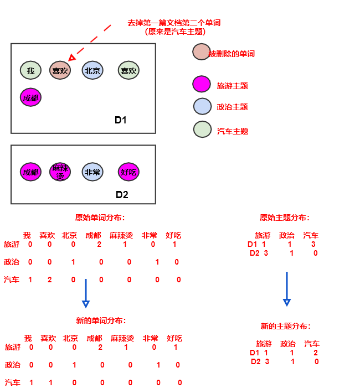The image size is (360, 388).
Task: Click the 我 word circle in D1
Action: tap(30, 70)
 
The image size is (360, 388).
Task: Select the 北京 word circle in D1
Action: tap(92, 70)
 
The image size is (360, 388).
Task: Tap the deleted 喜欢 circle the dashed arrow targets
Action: tap(60, 70)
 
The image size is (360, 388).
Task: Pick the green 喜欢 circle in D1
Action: tap(128, 70)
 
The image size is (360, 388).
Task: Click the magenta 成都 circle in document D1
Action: tap(30, 97)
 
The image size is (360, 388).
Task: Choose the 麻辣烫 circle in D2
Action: tap(60, 172)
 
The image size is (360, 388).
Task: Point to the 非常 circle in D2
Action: tap(92, 172)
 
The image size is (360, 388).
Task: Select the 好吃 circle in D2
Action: tap(128, 172)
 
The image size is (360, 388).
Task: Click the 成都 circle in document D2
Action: tap(30, 172)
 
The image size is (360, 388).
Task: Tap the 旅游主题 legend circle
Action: tap(202, 84)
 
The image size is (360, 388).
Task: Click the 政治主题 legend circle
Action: tap(202, 106)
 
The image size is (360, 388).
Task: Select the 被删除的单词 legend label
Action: tap(232, 54)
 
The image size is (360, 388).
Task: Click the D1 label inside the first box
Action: tap(121, 120)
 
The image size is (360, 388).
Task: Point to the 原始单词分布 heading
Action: tap(100, 218)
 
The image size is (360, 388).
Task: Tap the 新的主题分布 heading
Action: tap(286, 326)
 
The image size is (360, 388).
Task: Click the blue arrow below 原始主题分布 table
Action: tap(286, 288)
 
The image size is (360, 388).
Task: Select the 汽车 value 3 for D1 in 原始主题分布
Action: tap(314, 244)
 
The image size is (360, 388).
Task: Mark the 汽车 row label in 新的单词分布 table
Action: tap(13, 382)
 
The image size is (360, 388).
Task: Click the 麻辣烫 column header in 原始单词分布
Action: tap(121, 235)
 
